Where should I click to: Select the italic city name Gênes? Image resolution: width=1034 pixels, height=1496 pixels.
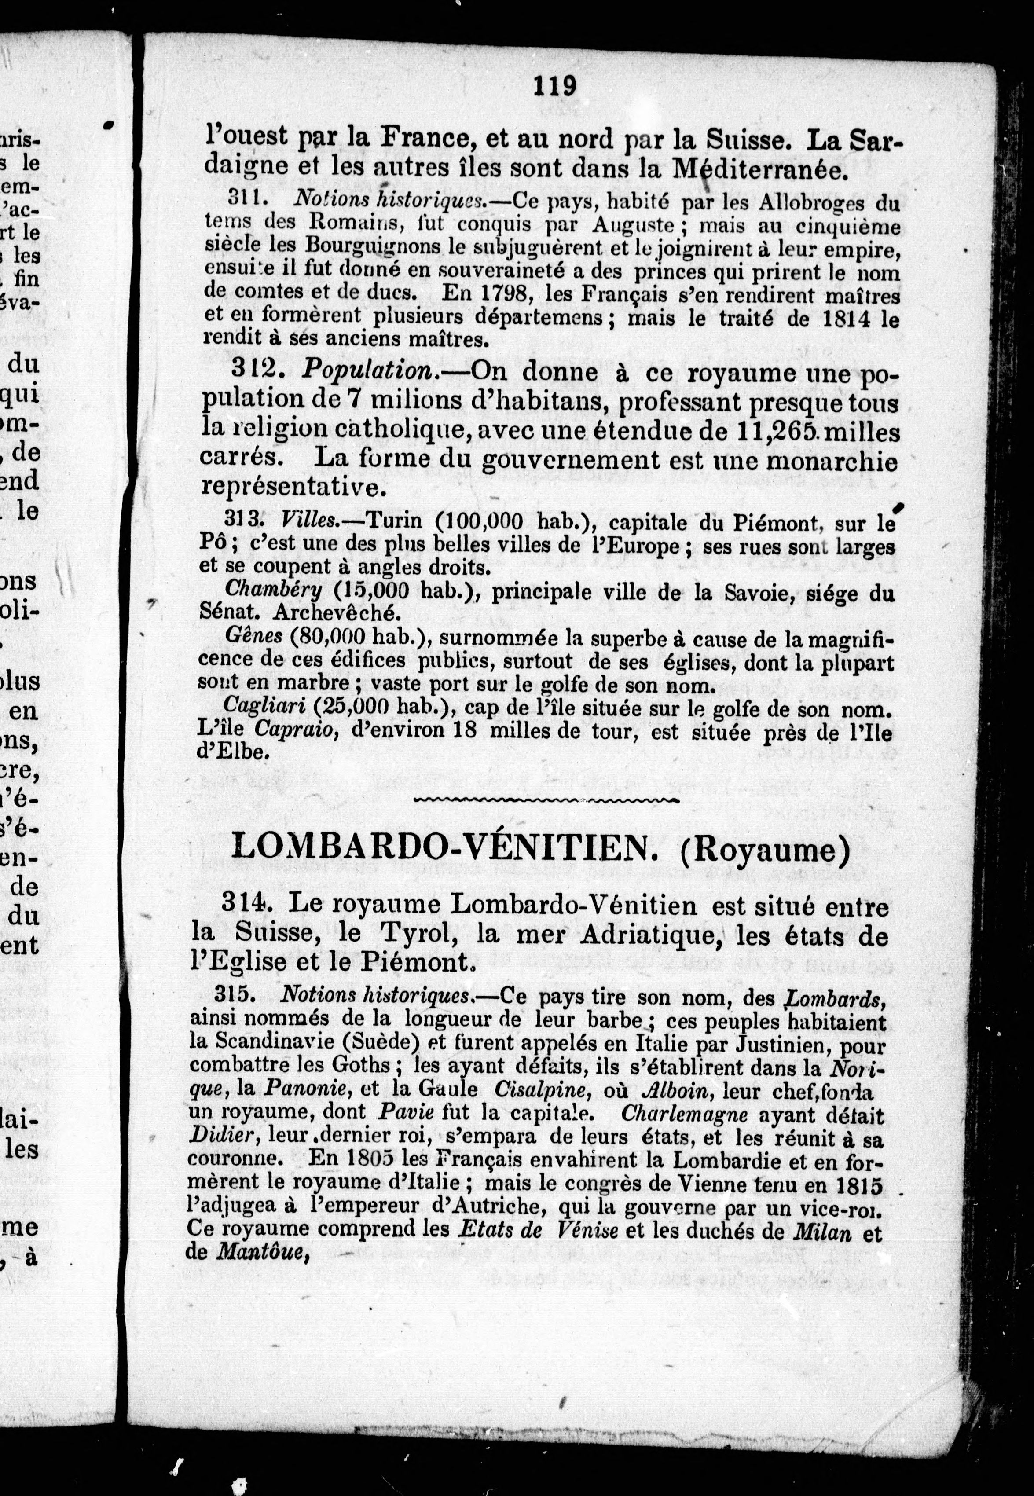click(x=253, y=637)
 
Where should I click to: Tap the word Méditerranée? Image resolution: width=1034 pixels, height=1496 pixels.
click(x=759, y=170)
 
